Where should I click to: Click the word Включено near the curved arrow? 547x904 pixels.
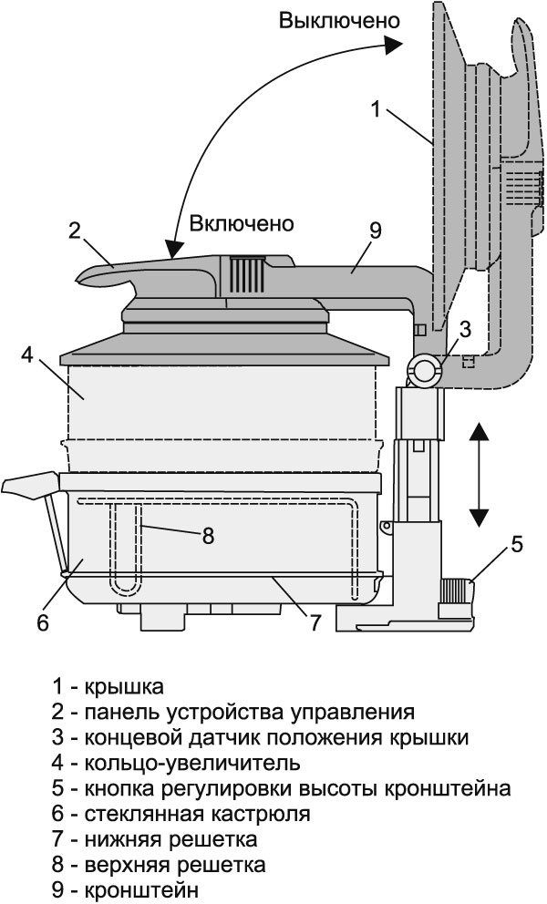241,222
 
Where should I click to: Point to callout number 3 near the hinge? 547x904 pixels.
464,329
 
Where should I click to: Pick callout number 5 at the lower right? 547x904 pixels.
516,545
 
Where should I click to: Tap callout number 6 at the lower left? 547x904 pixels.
41,623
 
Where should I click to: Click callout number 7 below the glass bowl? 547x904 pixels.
315,623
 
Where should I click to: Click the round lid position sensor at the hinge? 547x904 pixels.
425,369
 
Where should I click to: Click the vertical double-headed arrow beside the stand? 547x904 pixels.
476,476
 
